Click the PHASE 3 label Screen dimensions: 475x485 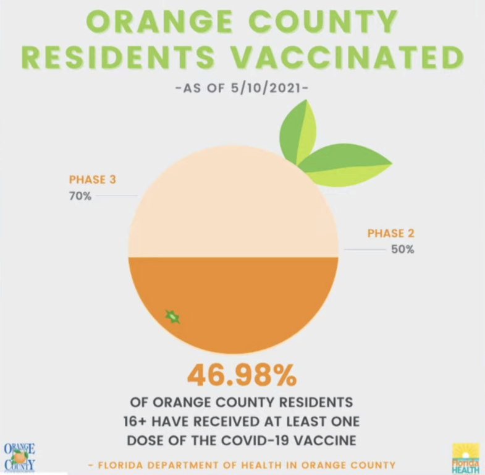92,180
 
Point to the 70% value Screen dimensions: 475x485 80,198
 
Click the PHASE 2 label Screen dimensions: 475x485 390,234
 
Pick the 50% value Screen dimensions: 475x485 402,250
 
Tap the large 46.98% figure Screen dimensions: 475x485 242,375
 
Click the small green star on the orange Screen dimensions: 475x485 172,317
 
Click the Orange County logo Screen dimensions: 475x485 19,456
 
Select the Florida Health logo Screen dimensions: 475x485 465,457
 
